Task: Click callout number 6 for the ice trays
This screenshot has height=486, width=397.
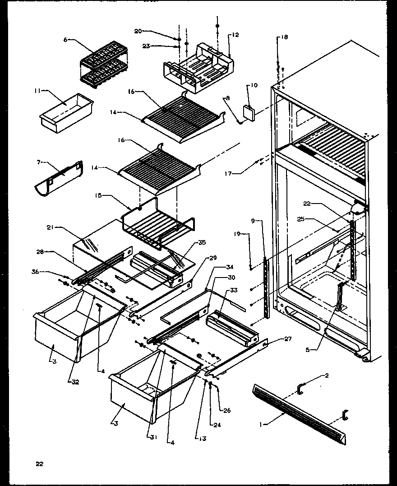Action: (x=65, y=40)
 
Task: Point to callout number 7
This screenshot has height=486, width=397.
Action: (x=38, y=161)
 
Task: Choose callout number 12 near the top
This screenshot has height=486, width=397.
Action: (x=235, y=35)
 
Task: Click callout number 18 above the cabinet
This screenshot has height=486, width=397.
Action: (x=284, y=37)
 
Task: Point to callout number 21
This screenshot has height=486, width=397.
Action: (x=56, y=228)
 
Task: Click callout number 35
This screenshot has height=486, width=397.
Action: (x=201, y=242)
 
